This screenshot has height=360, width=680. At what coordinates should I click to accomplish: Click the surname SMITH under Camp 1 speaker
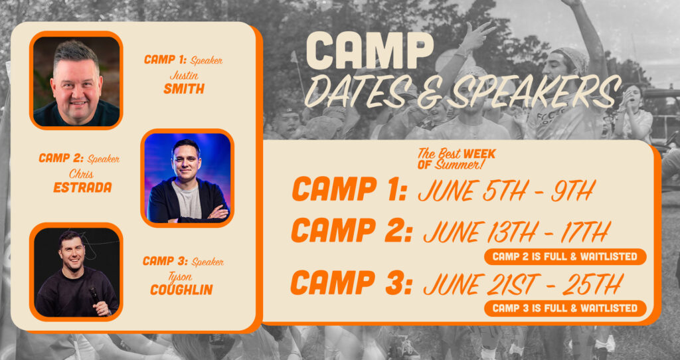click(x=184, y=88)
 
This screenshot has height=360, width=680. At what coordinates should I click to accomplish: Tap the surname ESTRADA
click(x=82, y=187)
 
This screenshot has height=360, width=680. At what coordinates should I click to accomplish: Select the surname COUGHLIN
click(x=181, y=290)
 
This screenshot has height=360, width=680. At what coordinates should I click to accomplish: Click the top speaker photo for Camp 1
click(x=76, y=80)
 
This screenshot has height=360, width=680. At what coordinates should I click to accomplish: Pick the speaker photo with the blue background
click(x=187, y=178)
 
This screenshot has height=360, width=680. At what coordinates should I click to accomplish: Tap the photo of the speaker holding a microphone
click(x=76, y=272)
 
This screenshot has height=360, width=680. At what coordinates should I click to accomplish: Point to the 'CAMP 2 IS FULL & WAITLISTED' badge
click(x=565, y=257)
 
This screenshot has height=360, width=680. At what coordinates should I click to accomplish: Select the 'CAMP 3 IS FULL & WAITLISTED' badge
click(x=565, y=308)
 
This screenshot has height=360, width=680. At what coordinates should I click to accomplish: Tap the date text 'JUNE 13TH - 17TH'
click(x=517, y=232)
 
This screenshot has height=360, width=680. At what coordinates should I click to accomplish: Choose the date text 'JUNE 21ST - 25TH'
click(x=523, y=284)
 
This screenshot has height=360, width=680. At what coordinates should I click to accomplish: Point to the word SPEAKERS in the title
click(x=534, y=92)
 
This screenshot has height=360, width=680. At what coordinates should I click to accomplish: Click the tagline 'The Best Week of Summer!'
click(x=456, y=159)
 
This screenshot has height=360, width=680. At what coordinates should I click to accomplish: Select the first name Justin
click(x=185, y=76)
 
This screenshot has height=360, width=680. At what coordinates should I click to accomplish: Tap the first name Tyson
click(x=181, y=276)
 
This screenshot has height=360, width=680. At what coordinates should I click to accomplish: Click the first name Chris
click(x=81, y=174)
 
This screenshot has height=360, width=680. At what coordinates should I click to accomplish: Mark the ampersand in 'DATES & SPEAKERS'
click(x=428, y=94)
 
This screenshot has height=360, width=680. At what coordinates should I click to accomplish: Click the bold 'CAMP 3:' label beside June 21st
click(x=351, y=282)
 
